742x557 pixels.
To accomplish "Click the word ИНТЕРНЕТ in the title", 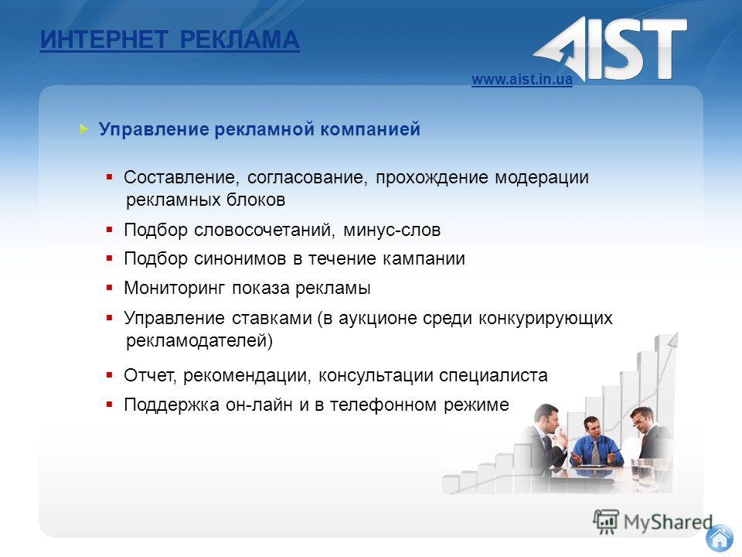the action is [x=104, y=39].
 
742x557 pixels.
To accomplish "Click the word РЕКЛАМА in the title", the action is [x=240, y=39].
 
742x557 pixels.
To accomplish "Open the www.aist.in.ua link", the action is [x=522, y=79].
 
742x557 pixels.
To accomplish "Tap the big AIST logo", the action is [x=611, y=49].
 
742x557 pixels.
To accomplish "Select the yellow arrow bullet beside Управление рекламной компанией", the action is [x=84, y=129].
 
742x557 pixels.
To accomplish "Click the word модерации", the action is [x=542, y=178].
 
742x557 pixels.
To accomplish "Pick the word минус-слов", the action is [x=392, y=231].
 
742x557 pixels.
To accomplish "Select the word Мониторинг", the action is [x=174, y=289].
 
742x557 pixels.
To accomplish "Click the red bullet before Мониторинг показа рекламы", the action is [x=109, y=288].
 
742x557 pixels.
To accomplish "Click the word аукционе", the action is [x=378, y=318].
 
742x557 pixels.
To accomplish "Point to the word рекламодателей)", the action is [x=199, y=340].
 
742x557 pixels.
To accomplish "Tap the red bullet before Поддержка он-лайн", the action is [x=109, y=405].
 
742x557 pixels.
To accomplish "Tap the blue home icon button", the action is [x=720, y=538].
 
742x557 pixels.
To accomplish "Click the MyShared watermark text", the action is [x=668, y=522].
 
